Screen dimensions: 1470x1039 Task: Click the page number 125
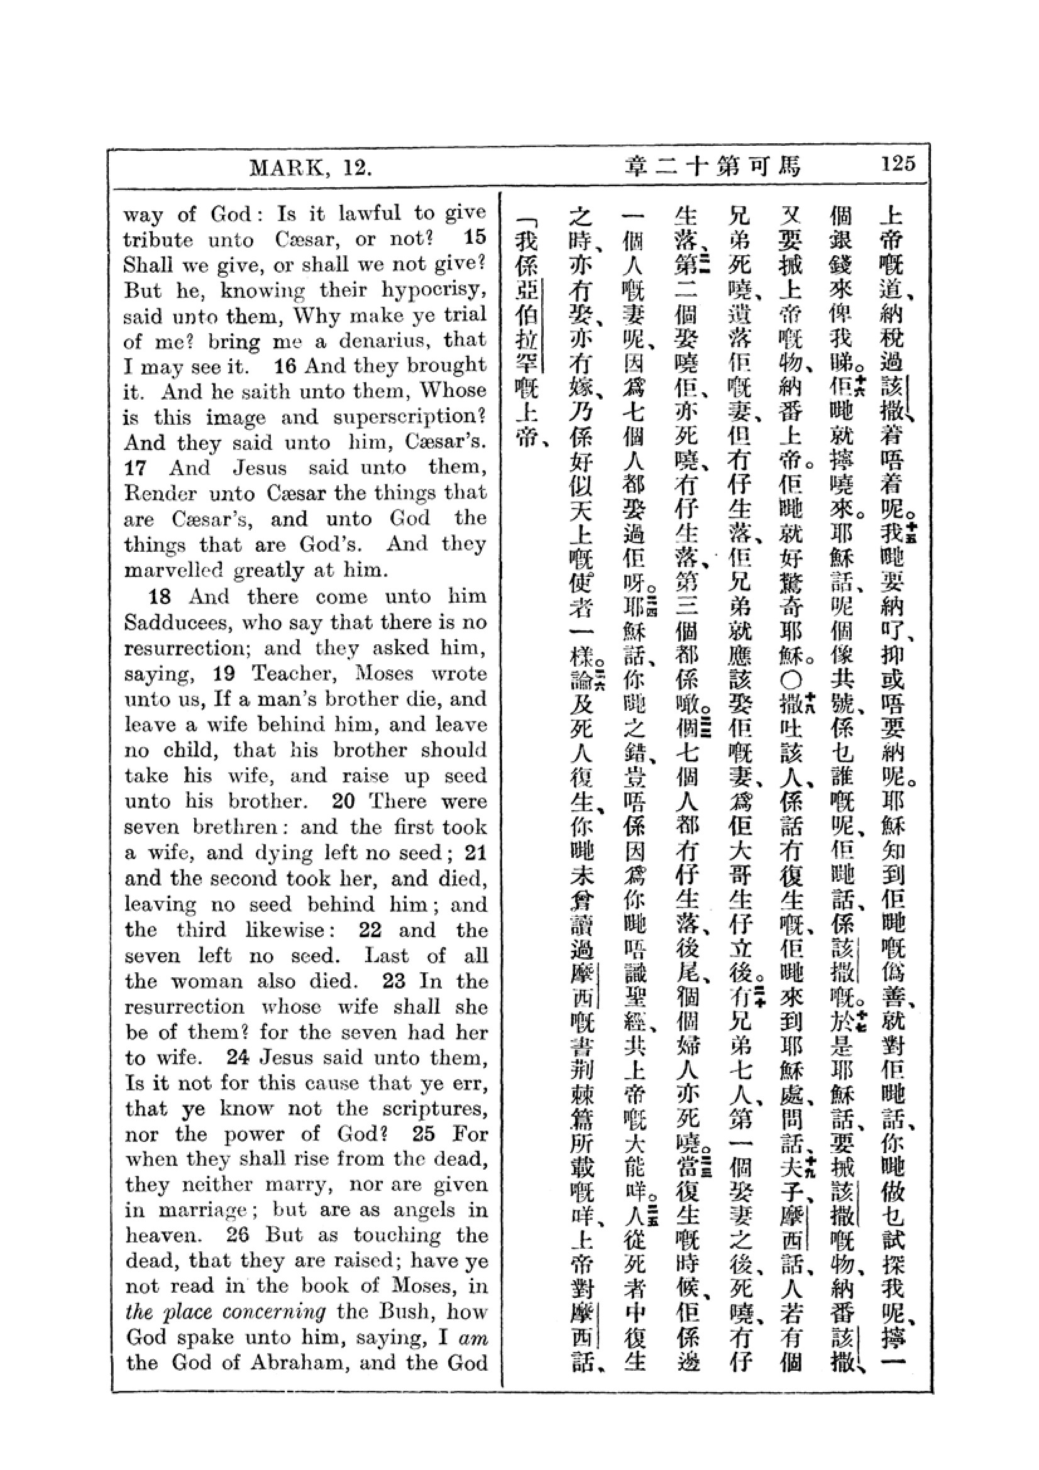click(x=898, y=164)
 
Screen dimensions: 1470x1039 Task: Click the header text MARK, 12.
click(x=311, y=168)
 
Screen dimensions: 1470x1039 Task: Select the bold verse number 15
click(x=475, y=238)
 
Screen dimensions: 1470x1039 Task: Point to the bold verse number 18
click(x=160, y=596)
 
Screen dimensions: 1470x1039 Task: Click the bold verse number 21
click(x=475, y=853)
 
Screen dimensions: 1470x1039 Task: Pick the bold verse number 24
click(x=237, y=1057)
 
